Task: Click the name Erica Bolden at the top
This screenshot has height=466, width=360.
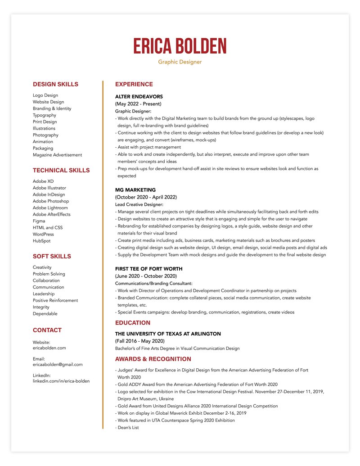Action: pyautogui.click(x=180, y=47)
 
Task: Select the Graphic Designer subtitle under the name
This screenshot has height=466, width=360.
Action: pyautogui.click(x=180, y=62)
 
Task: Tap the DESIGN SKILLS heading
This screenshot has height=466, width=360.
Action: pyautogui.click(x=55, y=84)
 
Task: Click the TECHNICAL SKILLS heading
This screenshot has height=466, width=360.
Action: pyautogui.click(x=61, y=170)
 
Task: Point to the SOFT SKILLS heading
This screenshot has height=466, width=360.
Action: pyautogui.click(x=52, y=256)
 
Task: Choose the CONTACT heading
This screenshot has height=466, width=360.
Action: pyautogui.click(x=47, y=330)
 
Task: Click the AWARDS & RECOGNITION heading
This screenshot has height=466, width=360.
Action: pyautogui.click(x=153, y=359)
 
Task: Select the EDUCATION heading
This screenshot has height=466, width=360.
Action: pyautogui.click(x=133, y=323)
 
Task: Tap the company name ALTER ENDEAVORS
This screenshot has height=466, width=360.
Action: pyautogui.click(x=139, y=97)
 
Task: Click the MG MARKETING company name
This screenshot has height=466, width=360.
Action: pyautogui.click(x=135, y=190)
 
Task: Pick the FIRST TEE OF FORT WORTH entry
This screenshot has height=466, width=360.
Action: pyautogui.click(x=149, y=269)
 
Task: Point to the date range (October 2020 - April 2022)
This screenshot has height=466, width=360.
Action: pyautogui.click(x=146, y=197)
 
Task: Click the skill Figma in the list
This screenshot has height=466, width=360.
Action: pyautogui.click(x=39, y=221)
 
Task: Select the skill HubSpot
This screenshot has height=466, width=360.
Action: pyautogui.click(x=41, y=241)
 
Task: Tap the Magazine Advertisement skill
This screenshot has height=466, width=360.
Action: pyautogui.click(x=57, y=155)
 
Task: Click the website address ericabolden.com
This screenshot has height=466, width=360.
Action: pyautogui.click(x=49, y=348)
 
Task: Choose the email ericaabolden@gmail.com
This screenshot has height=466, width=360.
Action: pyautogui.click(x=58, y=365)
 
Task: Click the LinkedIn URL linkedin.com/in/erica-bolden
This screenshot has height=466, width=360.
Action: pyautogui.click(x=61, y=381)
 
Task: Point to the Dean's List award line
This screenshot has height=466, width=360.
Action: pyautogui.click(x=127, y=427)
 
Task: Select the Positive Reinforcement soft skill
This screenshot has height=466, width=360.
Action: pyautogui.click(x=55, y=300)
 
